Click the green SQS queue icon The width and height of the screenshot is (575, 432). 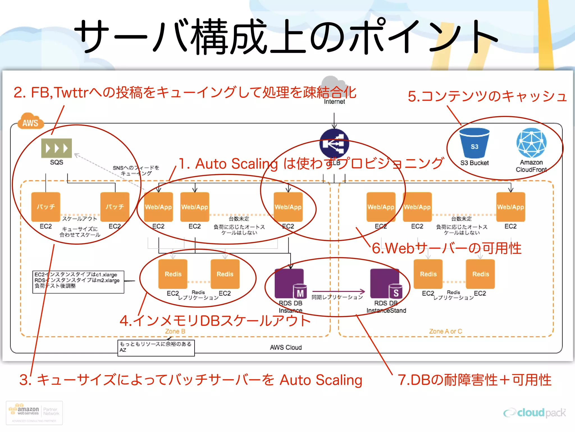point(56,148)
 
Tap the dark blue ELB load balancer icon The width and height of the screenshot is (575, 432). point(334,143)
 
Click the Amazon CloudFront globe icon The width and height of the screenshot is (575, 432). point(531,143)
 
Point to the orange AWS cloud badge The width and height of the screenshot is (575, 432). point(30,122)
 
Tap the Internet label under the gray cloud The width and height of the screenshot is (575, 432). point(334,102)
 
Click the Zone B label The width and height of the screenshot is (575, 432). point(175,331)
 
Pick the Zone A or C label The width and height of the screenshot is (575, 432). point(446,331)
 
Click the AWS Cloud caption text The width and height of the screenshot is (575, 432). point(286,348)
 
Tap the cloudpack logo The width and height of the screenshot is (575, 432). point(535,413)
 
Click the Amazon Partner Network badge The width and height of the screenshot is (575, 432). point(34,413)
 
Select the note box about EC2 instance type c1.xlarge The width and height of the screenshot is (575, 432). point(78,282)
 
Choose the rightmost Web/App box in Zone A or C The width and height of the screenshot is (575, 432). point(510,207)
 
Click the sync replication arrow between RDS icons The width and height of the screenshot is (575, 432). point(338,291)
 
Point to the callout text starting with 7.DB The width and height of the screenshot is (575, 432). point(474,380)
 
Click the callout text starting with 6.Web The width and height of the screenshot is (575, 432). point(446,248)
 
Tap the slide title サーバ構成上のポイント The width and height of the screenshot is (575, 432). point(286,37)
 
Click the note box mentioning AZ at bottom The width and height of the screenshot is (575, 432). point(156,348)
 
